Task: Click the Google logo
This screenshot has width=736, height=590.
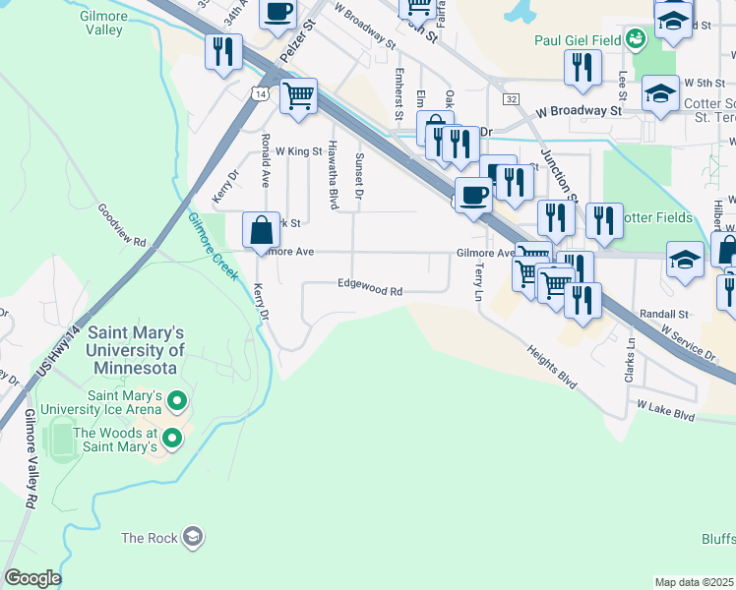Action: pos(32,578)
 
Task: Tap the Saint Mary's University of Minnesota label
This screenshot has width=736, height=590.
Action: pos(135,350)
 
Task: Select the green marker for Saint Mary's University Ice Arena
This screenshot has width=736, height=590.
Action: pos(177,400)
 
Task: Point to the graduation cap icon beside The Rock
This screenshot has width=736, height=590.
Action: pos(193,537)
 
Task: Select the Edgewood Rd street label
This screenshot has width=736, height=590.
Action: pos(370,291)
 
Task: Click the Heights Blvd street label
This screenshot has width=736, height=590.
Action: pos(551,365)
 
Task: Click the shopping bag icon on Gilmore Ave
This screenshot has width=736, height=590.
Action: pos(262,231)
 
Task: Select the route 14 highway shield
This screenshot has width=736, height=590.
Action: pos(259,92)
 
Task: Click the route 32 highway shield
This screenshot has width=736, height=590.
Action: pos(511,99)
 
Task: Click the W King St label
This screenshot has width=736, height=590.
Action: pos(298,151)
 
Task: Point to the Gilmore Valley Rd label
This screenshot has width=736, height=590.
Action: pos(30,458)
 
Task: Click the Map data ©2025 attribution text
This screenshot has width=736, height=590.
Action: pos(694,582)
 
